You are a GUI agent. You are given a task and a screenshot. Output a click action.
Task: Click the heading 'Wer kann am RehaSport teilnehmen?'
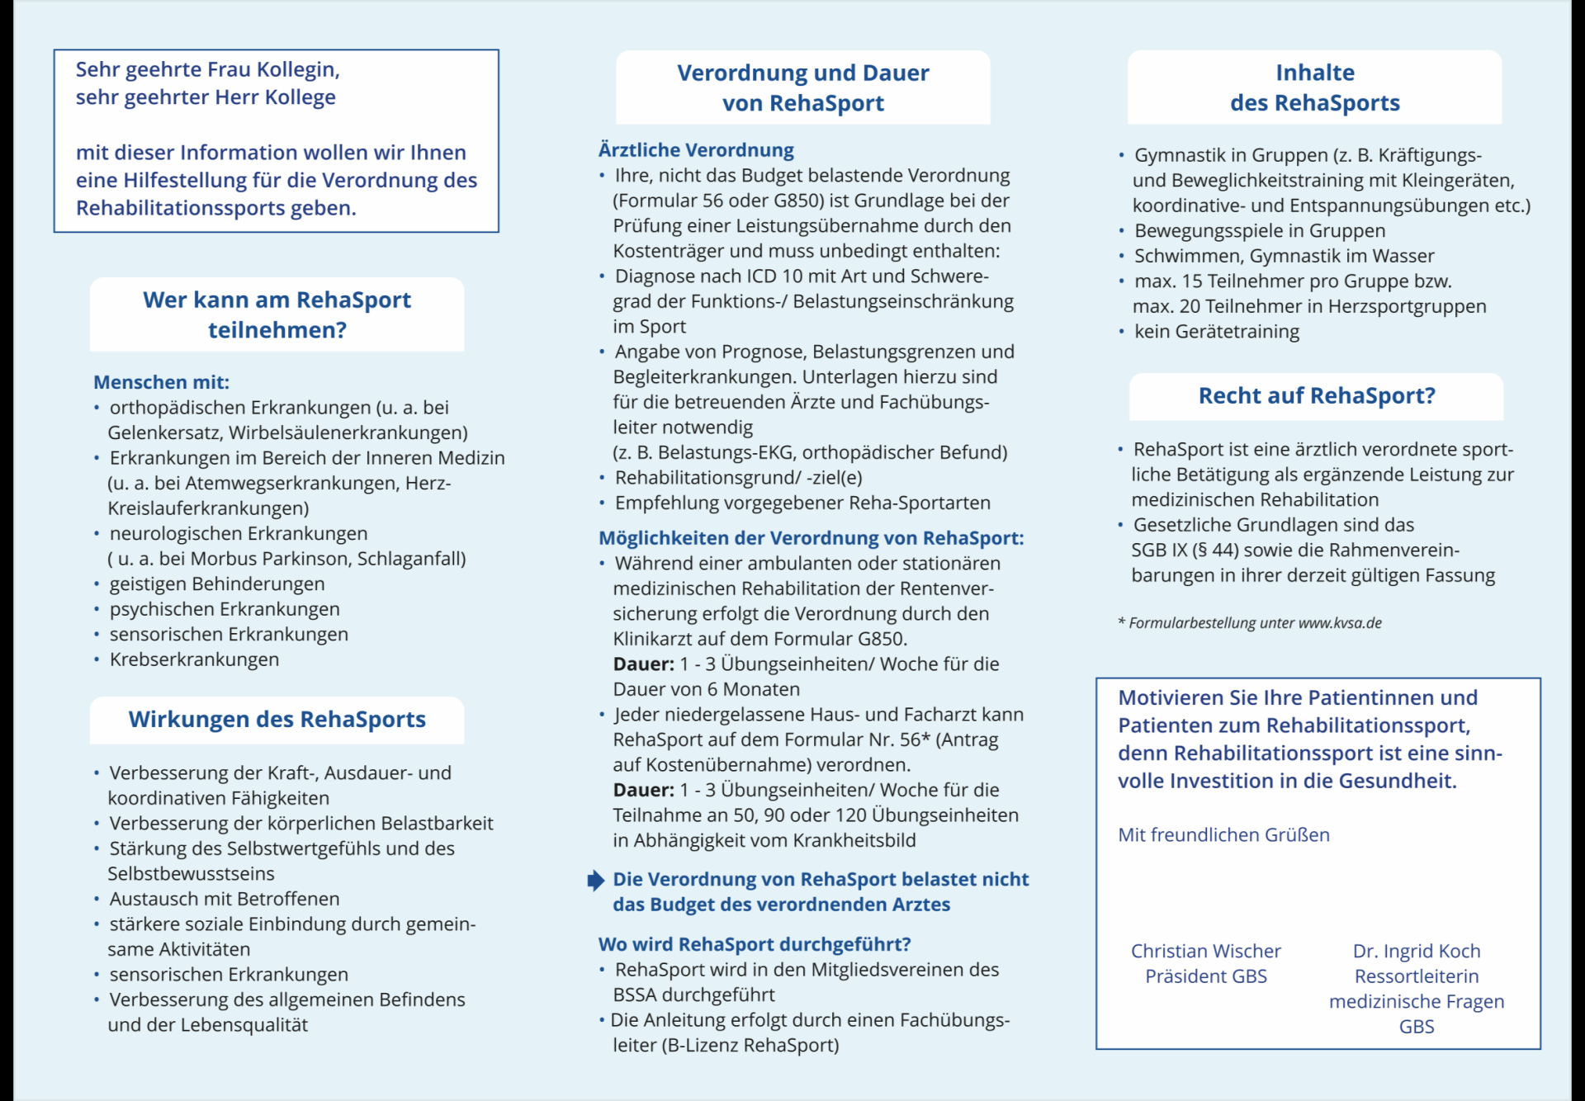click(x=277, y=314)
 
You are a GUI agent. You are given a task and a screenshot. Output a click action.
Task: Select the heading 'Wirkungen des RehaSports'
click(x=277, y=719)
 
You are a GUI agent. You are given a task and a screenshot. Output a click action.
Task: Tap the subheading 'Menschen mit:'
click(x=161, y=382)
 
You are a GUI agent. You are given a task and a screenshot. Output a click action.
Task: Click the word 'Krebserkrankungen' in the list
click(x=194, y=659)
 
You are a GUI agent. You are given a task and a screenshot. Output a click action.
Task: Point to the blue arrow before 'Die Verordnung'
click(x=595, y=881)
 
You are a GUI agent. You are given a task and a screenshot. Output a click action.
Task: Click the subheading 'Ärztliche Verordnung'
click(x=696, y=150)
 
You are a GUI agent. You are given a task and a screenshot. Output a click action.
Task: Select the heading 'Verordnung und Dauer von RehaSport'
click(x=802, y=87)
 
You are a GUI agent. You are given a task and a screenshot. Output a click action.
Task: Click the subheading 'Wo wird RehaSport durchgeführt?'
click(x=755, y=944)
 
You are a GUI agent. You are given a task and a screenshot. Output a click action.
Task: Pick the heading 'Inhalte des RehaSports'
click(x=1314, y=87)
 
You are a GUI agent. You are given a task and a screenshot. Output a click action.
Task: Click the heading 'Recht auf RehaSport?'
click(x=1317, y=396)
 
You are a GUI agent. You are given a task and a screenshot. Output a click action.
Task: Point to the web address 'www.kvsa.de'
click(x=1340, y=623)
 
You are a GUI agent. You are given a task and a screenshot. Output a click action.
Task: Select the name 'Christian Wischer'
click(x=1205, y=951)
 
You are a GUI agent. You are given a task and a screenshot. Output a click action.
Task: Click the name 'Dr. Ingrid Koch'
click(x=1416, y=951)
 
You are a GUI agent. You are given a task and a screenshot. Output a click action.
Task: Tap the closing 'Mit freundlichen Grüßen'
click(x=1223, y=834)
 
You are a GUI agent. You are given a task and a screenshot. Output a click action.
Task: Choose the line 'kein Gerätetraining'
click(x=1216, y=332)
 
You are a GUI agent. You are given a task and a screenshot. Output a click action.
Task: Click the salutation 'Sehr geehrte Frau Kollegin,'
click(x=208, y=69)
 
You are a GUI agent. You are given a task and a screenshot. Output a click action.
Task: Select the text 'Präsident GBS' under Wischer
click(x=1205, y=976)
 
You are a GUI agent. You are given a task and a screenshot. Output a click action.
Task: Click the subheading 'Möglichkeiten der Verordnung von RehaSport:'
click(x=811, y=538)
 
